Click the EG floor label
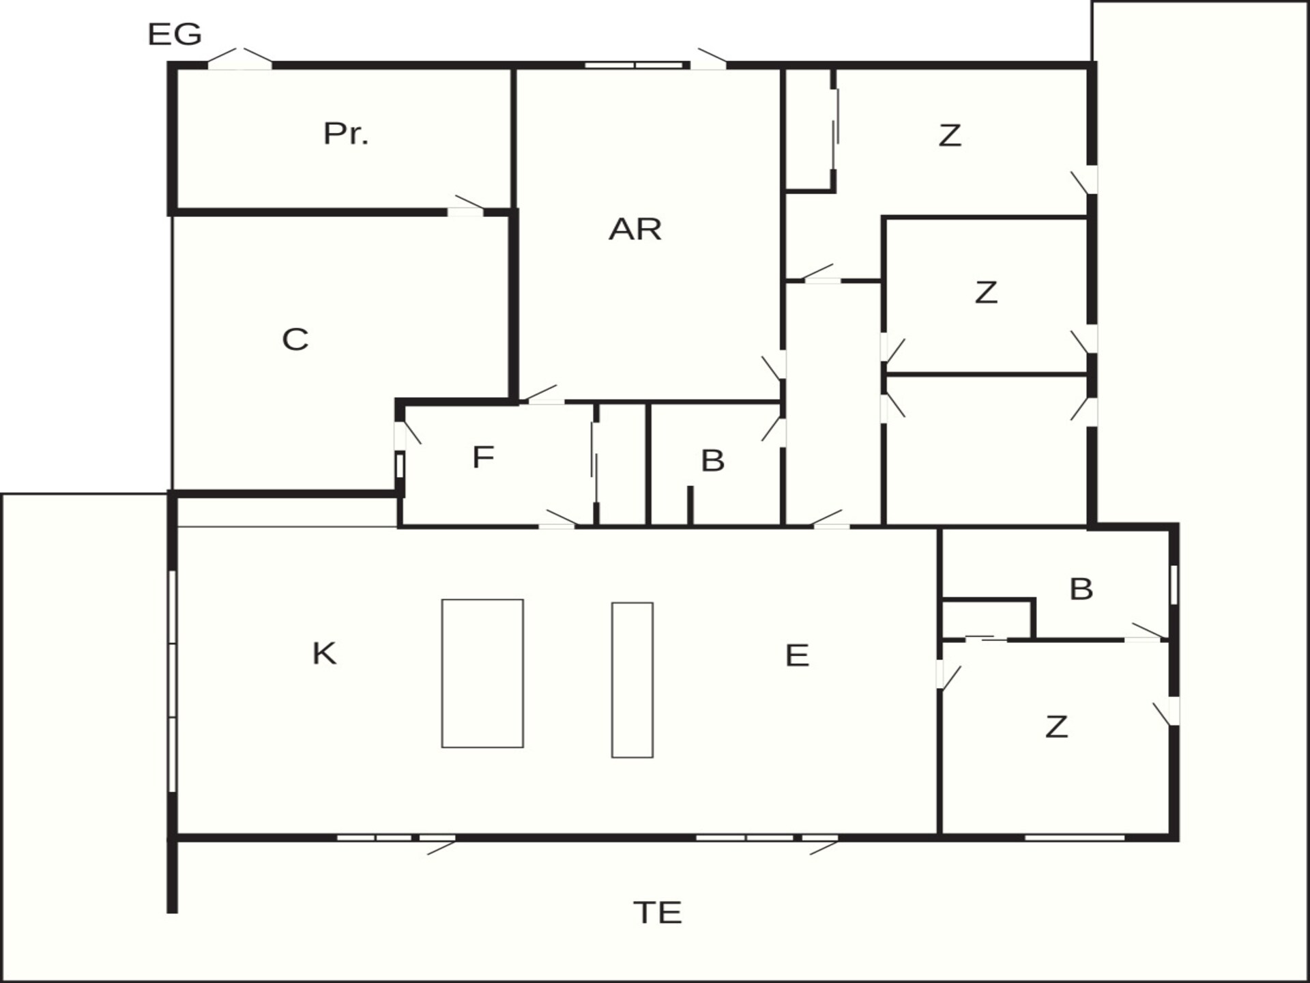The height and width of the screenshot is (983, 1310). (175, 34)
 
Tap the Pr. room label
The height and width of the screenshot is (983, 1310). (346, 134)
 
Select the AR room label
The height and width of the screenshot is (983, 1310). (635, 229)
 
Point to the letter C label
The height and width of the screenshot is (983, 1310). (295, 339)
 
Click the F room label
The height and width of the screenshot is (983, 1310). (483, 457)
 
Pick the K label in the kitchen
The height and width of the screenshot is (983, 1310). (324, 653)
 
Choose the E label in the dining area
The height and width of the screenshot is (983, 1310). (797, 655)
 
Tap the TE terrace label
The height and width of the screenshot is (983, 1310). (658, 913)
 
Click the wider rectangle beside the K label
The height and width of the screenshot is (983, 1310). (482, 673)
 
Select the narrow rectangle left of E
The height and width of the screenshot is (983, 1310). (632, 680)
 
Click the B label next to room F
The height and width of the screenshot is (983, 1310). (712, 461)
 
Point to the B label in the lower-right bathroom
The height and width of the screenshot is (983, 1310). (1081, 589)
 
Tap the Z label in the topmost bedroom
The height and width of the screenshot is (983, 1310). (950, 135)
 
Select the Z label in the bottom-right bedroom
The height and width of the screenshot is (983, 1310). (1056, 727)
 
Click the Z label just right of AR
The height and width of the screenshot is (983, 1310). (986, 292)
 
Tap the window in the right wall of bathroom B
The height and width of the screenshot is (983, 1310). (1174, 584)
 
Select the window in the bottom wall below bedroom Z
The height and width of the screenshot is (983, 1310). (1075, 838)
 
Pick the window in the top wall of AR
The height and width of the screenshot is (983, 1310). (634, 66)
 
